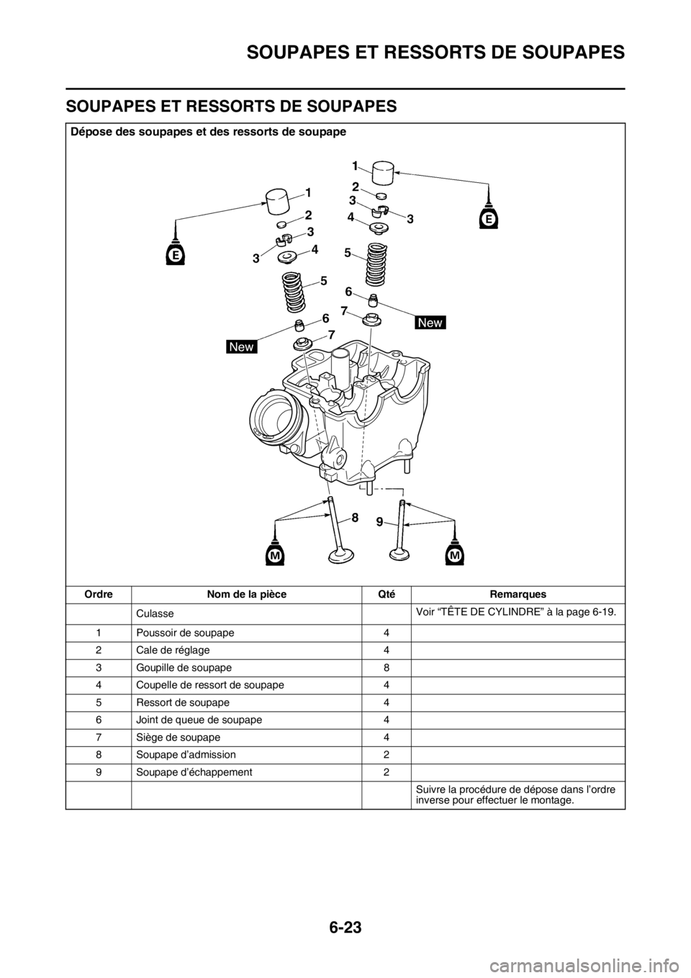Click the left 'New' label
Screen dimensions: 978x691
[242, 347]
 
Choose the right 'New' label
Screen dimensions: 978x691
[430, 323]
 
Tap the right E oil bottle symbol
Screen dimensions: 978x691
[489, 214]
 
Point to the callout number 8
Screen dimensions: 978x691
[355, 517]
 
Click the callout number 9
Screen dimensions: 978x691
[379, 525]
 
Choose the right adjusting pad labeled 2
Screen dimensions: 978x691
[381, 196]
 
